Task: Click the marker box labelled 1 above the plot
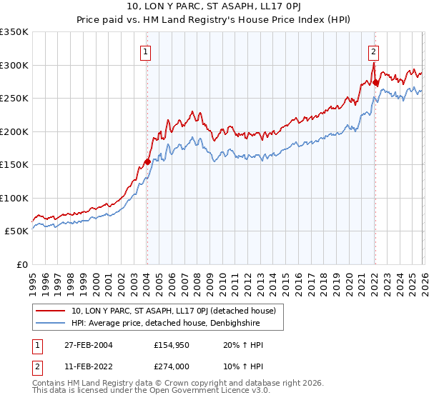[x=145, y=51]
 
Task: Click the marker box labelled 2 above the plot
[x=373, y=51]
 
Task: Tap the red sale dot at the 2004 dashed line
[x=147, y=161]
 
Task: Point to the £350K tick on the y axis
[x=14, y=32]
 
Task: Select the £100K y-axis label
[x=14, y=198]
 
